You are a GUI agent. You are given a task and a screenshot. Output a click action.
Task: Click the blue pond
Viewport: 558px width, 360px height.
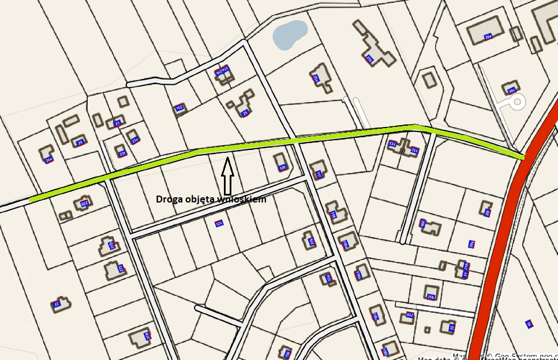coord(289,34)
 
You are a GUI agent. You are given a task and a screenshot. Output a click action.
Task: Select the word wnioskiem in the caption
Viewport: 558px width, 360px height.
coord(242,200)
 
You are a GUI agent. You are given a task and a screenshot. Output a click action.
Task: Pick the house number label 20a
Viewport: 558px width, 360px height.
coord(488,36)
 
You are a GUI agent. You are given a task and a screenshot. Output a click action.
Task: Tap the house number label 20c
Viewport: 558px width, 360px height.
coord(511,90)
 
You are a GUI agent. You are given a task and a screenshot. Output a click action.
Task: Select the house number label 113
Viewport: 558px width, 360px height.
coord(392,143)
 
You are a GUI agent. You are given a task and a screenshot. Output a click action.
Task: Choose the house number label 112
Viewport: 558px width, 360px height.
coord(414,150)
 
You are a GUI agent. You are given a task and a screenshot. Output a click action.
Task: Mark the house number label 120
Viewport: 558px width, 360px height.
coord(282,167)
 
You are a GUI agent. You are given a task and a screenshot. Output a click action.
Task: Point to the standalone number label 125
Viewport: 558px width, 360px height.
coord(219,223)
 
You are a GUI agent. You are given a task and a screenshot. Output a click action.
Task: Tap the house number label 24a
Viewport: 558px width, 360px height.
coord(48,160)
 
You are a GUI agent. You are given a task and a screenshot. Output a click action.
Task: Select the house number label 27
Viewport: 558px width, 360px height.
coord(57,304)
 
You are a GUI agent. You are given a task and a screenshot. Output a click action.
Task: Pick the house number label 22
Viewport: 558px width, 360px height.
coord(452,328)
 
